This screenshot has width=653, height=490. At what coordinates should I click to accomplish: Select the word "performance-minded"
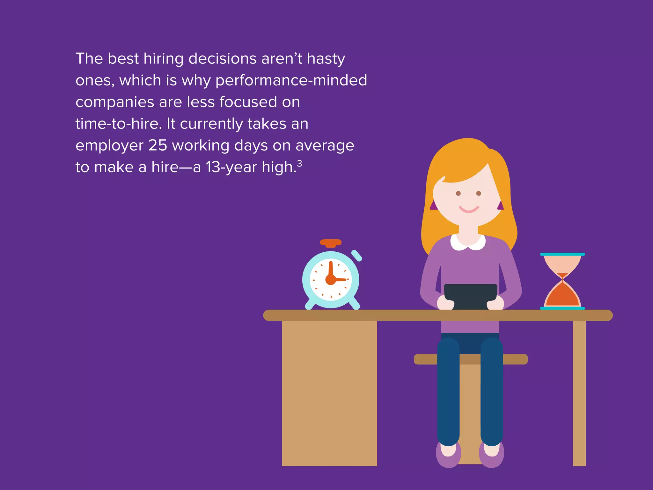(x=291, y=80)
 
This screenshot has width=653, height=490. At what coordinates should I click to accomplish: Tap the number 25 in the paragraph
(x=158, y=145)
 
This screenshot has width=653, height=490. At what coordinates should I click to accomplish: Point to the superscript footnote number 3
(x=299, y=163)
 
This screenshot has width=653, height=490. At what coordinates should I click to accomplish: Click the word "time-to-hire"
(x=117, y=124)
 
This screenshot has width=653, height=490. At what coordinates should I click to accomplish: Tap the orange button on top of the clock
(x=331, y=243)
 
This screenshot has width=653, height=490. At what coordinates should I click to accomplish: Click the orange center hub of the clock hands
(x=331, y=280)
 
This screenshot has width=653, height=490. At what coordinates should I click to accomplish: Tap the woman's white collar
(x=468, y=243)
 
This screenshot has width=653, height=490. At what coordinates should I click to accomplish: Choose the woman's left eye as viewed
(x=458, y=193)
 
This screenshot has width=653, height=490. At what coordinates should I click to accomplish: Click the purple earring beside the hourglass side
(x=501, y=206)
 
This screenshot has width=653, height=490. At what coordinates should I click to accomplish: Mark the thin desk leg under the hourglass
(x=579, y=392)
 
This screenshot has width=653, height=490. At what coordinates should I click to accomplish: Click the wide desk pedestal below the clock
(x=329, y=392)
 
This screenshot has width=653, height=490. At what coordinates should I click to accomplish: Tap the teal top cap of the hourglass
(x=562, y=254)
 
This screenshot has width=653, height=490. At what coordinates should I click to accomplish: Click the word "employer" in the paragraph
(x=109, y=146)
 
